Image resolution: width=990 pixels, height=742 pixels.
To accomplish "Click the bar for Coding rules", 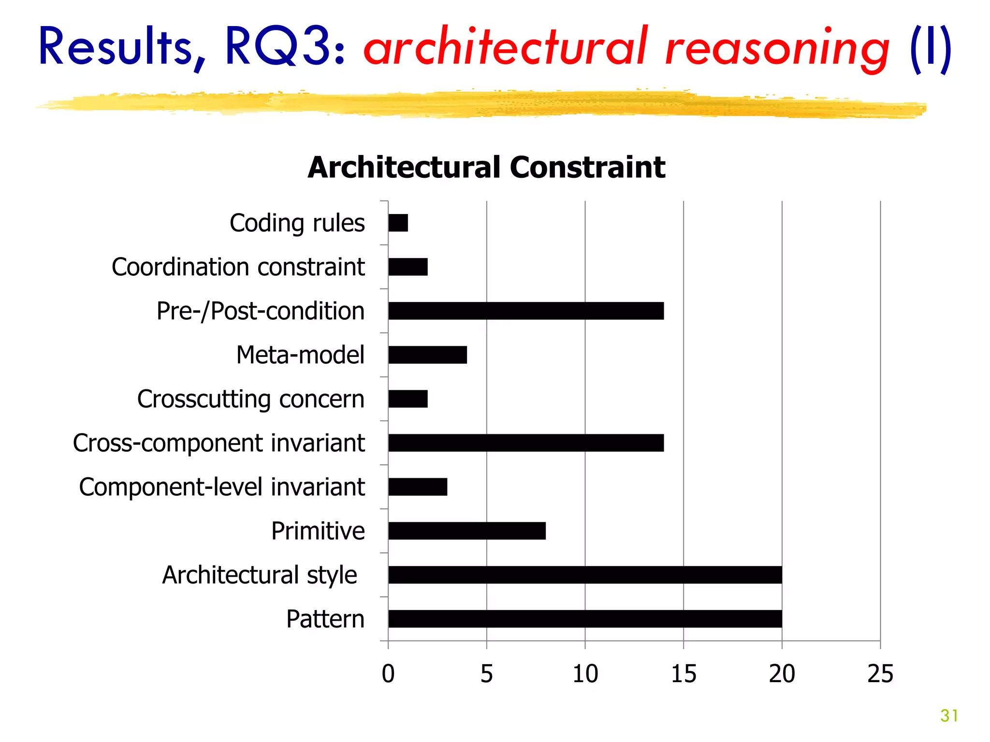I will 398,223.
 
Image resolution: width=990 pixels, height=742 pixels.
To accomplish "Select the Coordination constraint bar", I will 408,267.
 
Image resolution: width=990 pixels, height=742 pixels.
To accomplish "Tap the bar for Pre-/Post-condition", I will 526,311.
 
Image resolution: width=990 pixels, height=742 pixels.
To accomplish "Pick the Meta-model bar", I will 427,355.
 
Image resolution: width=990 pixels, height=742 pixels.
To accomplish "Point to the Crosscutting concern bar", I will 408,399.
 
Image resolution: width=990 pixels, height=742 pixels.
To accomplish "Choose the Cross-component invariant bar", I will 526,442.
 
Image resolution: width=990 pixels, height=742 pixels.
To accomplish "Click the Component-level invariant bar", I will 418,486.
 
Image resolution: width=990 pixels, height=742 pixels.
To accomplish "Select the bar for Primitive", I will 467,530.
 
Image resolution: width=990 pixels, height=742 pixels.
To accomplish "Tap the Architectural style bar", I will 585,574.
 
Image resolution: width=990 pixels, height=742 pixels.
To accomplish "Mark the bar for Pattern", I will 585,618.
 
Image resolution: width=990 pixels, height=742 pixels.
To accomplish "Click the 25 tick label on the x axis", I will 880,673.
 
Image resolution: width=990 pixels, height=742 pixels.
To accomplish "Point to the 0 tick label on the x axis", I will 388,673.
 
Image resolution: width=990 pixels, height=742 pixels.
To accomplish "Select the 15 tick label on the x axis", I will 684,673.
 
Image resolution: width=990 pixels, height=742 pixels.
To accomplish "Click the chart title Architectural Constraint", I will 486,167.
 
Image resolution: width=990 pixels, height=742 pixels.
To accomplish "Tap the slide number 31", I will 949,715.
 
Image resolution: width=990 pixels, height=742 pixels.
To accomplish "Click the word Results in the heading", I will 116,47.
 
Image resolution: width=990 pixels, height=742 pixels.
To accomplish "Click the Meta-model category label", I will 300,355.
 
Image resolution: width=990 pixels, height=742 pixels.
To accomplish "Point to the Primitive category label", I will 318,531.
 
